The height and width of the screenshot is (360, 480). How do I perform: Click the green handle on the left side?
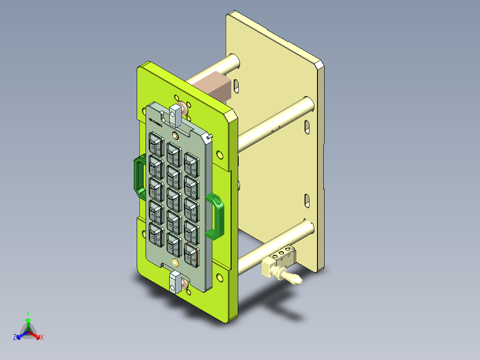(x=138, y=176)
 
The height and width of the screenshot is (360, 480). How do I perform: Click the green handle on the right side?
(x=218, y=216)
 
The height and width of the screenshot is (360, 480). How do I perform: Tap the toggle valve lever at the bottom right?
(x=292, y=278)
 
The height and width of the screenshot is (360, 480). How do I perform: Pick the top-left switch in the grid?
(x=156, y=144)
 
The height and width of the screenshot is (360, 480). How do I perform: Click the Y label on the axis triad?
(x=28, y=313)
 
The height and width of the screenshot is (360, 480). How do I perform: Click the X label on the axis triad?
(x=42, y=337)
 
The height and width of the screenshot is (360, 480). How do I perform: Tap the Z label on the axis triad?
(x=15, y=337)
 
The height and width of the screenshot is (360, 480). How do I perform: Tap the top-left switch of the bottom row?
(x=155, y=233)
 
